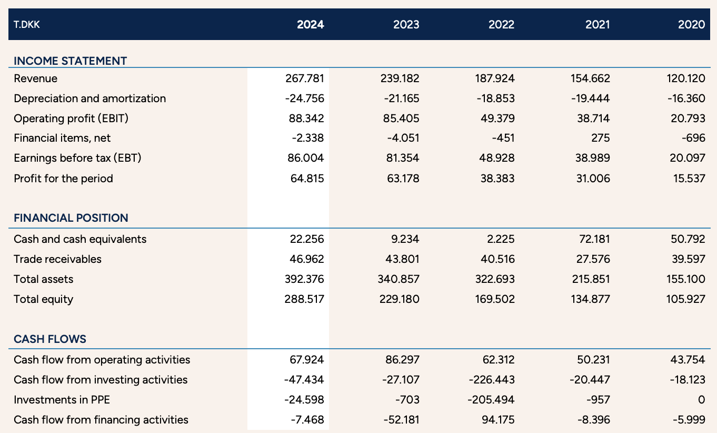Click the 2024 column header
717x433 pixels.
pyautogui.click(x=310, y=24)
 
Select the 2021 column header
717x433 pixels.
pyautogui.click(x=597, y=24)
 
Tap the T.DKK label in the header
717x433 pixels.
pyautogui.click(x=26, y=24)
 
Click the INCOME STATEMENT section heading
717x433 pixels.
pyautogui.click(x=70, y=61)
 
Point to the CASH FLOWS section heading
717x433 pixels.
pyautogui.click(x=50, y=339)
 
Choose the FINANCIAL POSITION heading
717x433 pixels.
pyautogui.click(x=71, y=218)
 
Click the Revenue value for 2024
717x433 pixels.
pyautogui.click(x=304, y=78)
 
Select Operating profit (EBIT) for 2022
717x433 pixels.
pyautogui.click(x=497, y=119)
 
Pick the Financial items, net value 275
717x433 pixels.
pyautogui.click(x=600, y=138)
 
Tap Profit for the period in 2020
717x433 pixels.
pyautogui.click(x=689, y=179)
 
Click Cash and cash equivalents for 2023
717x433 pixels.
pyautogui.click(x=405, y=239)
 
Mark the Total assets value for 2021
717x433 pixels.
pyautogui.click(x=591, y=279)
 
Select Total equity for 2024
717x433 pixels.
pyautogui.click(x=304, y=299)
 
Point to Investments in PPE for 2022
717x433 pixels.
pyautogui.click(x=491, y=400)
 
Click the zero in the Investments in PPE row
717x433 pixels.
pyautogui.click(x=701, y=400)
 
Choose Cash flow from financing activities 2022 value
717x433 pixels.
pyautogui.click(x=497, y=419)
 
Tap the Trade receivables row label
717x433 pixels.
pyautogui.click(x=57, y=259)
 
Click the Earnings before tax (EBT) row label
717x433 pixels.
pyautogui.click(x=77, y=158)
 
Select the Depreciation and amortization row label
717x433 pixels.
pyautogui.click(x=90, y=99)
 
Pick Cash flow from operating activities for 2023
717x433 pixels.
pyautogui.click(x=402, y=360)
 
